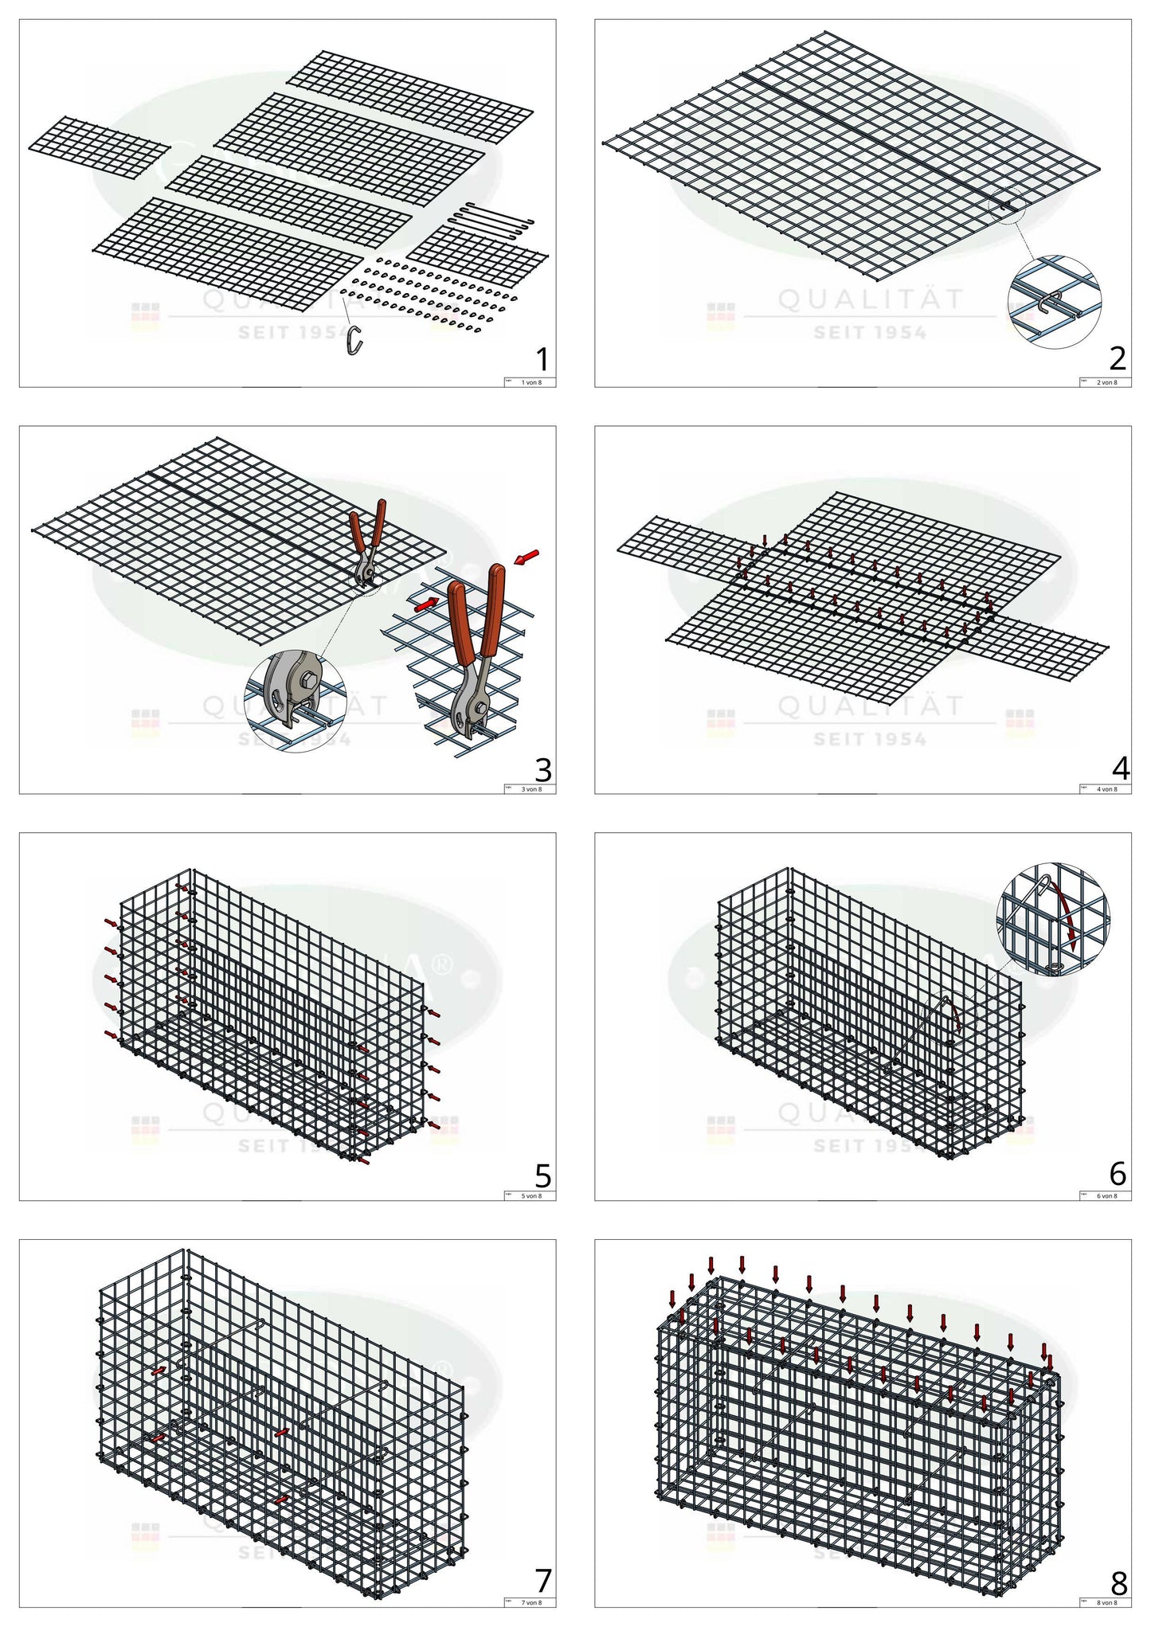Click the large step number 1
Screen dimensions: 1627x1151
[x=542, y=359]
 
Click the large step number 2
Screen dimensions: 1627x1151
[x=1118, y=359]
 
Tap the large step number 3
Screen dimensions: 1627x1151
[x=542, y=770]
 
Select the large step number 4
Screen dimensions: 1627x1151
[x=1120, y=769]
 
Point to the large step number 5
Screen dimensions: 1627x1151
[x=542, y=1176]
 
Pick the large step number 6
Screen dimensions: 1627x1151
[x=1118, y=1173]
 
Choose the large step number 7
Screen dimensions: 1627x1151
[x=543, y=1581]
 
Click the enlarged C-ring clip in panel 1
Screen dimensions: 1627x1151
[x=355, y=340]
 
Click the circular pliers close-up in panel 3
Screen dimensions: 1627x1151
[x=296, y=702]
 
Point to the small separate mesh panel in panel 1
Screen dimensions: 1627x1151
[x=99, y=147]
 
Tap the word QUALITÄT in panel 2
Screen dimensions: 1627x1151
[x=870, y=300]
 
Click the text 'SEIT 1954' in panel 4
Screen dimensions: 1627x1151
[x=870, y=740]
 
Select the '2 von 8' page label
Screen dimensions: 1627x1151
[x=1107, y=382]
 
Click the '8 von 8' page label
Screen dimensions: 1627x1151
[x=1107, y=1602]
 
